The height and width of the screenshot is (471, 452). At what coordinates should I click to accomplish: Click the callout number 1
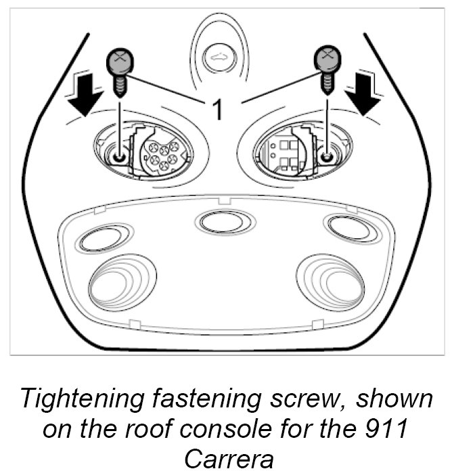coord(218,108)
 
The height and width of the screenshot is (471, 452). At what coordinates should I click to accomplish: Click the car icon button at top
coord(218,59)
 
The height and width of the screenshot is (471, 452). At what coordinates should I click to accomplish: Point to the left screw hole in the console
coord(119,157)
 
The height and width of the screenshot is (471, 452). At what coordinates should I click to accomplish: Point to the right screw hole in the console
coord(327,157)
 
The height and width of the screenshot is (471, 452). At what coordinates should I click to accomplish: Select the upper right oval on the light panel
coord(348,228)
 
